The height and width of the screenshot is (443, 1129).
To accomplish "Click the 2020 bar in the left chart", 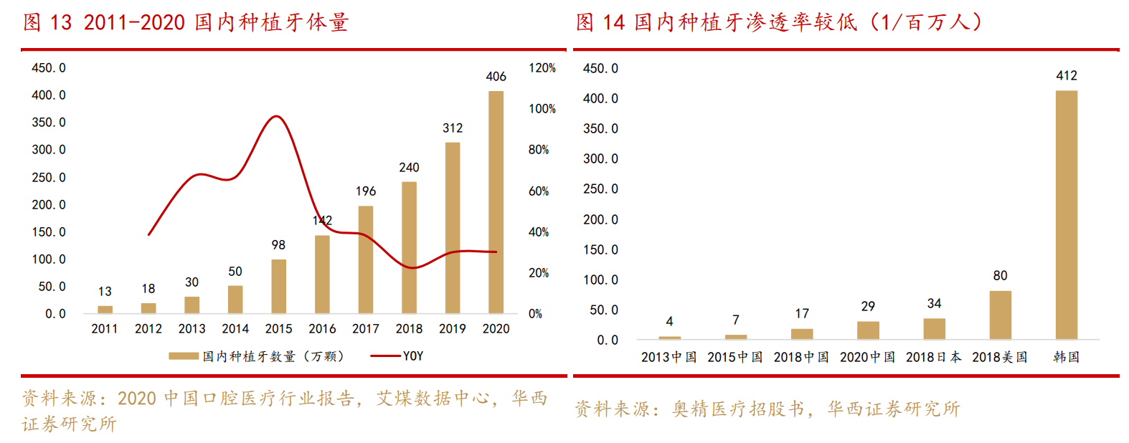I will (x=496, y=202).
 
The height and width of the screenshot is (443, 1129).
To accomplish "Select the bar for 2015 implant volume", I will (x=278, y=286).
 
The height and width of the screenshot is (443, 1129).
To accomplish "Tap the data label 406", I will (x=496, y=76).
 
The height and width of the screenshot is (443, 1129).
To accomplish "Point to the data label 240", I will (x=409, y=167).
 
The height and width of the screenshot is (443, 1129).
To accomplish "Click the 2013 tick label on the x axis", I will (x=192, y=328).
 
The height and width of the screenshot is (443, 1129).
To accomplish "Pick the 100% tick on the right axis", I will (x=542, y=109).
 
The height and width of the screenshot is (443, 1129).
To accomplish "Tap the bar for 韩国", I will (x=1066, y=215).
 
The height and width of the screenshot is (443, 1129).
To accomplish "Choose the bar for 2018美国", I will (x=1000, y=315).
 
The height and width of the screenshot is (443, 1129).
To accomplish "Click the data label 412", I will (x=1066, y=75).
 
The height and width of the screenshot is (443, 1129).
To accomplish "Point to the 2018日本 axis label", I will (x=933, y=357).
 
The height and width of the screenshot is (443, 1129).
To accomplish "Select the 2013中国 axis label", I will (x=669, y=357).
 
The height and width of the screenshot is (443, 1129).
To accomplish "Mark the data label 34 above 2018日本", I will (x=934, y=304).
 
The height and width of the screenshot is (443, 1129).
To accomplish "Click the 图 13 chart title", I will (x=186, y=22).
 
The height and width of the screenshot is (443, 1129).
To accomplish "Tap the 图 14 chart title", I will (x=778, y=22).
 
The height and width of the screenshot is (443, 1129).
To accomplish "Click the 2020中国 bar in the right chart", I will (x=868, y=330).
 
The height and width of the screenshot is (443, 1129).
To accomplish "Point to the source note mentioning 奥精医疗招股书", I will (x=767, y=409).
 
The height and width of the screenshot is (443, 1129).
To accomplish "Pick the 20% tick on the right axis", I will (x=539, y=273).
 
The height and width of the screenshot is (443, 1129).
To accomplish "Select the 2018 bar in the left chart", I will (x=409, y=247).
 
